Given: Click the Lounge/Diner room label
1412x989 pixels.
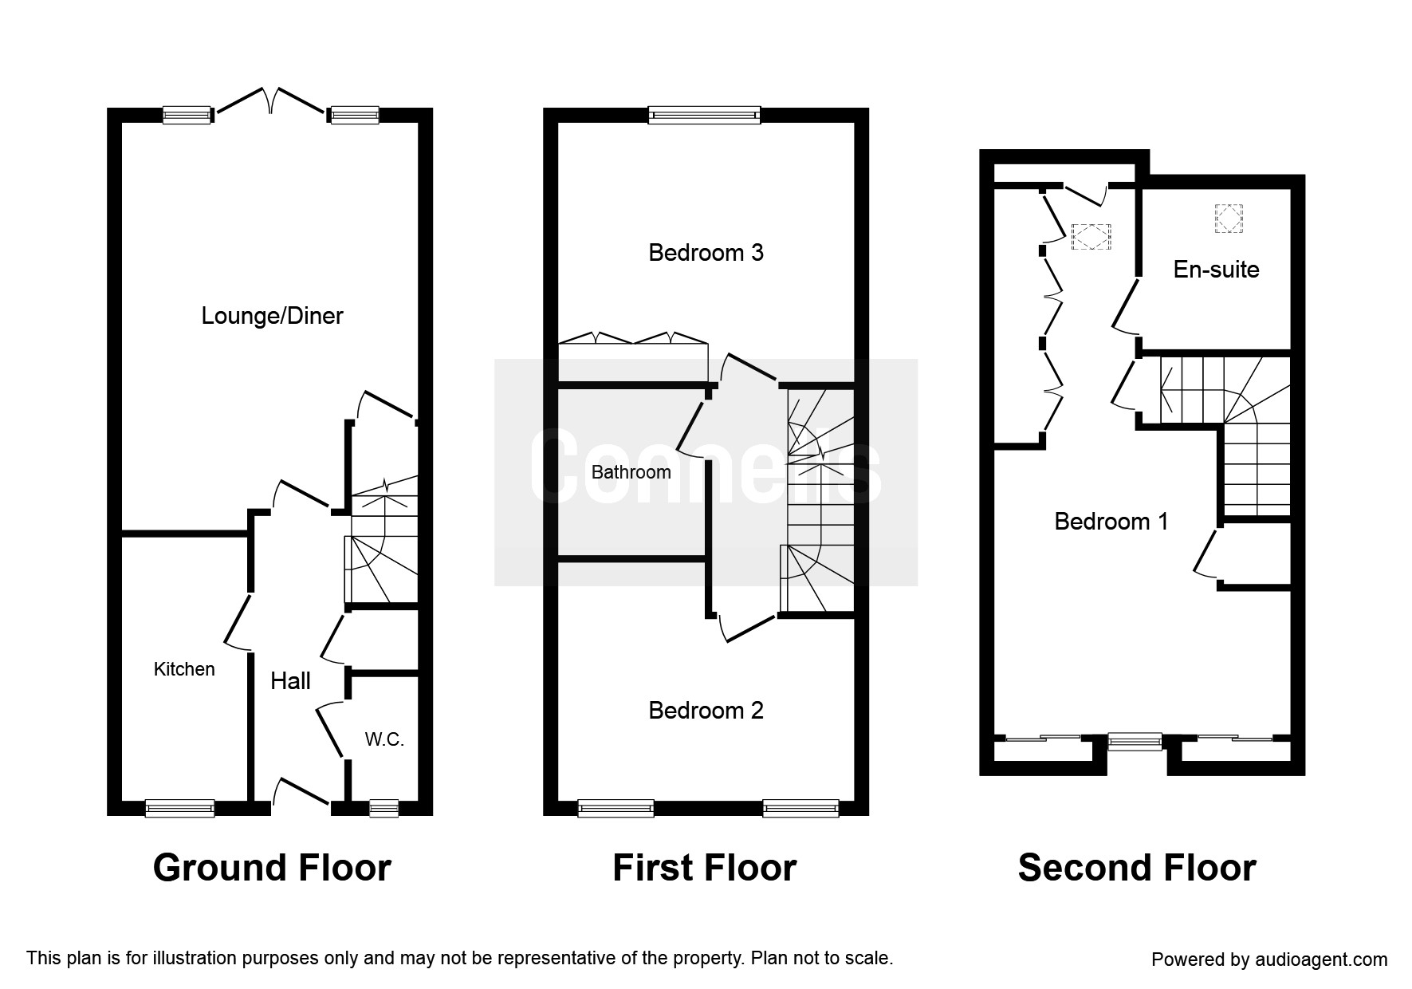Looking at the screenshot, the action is click(x=272, y=316).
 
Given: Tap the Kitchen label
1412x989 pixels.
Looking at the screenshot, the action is click(x=184, y=669).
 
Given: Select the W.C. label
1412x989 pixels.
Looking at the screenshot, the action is click(x=384, y=739).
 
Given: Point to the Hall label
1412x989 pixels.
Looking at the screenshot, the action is click(x=290, y=680).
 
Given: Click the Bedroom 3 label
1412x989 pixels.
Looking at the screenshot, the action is click(x=706, y=253).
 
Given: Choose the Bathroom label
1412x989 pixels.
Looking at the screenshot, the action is click(x=631, y=472).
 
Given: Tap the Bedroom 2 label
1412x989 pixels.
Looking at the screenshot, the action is click(x=706, y=711).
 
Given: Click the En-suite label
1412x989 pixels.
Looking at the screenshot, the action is click(x=1216, y=269).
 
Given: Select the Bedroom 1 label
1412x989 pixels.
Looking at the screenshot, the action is click(x=1111, y=522).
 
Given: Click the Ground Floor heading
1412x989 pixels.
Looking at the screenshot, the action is click(x=272, y=868).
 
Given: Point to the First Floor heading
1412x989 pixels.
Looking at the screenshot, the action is click(x=705, y=868).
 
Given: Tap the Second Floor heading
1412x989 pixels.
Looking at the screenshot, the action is click(x=1137, y=868).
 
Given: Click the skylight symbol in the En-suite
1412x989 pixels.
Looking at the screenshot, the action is click(x=1229, y=218).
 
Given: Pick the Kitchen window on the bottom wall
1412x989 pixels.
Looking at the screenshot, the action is click(x=179, y=809).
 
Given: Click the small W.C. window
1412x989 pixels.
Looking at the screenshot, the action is click(x=383, y=809).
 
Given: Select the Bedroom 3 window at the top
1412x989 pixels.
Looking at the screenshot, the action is click(x=704, y=116).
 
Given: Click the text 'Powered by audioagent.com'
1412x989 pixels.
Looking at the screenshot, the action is click(x=1269, y=959).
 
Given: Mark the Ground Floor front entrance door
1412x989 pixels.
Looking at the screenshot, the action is click(x=301, y=792).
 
